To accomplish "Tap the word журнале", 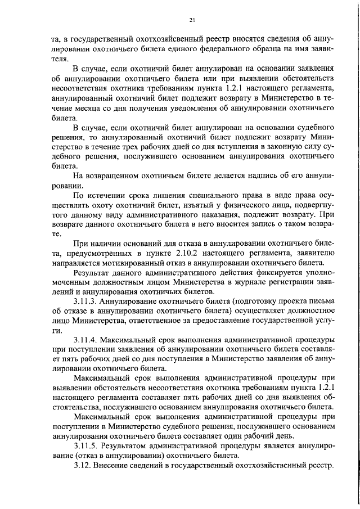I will click(250, 283).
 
